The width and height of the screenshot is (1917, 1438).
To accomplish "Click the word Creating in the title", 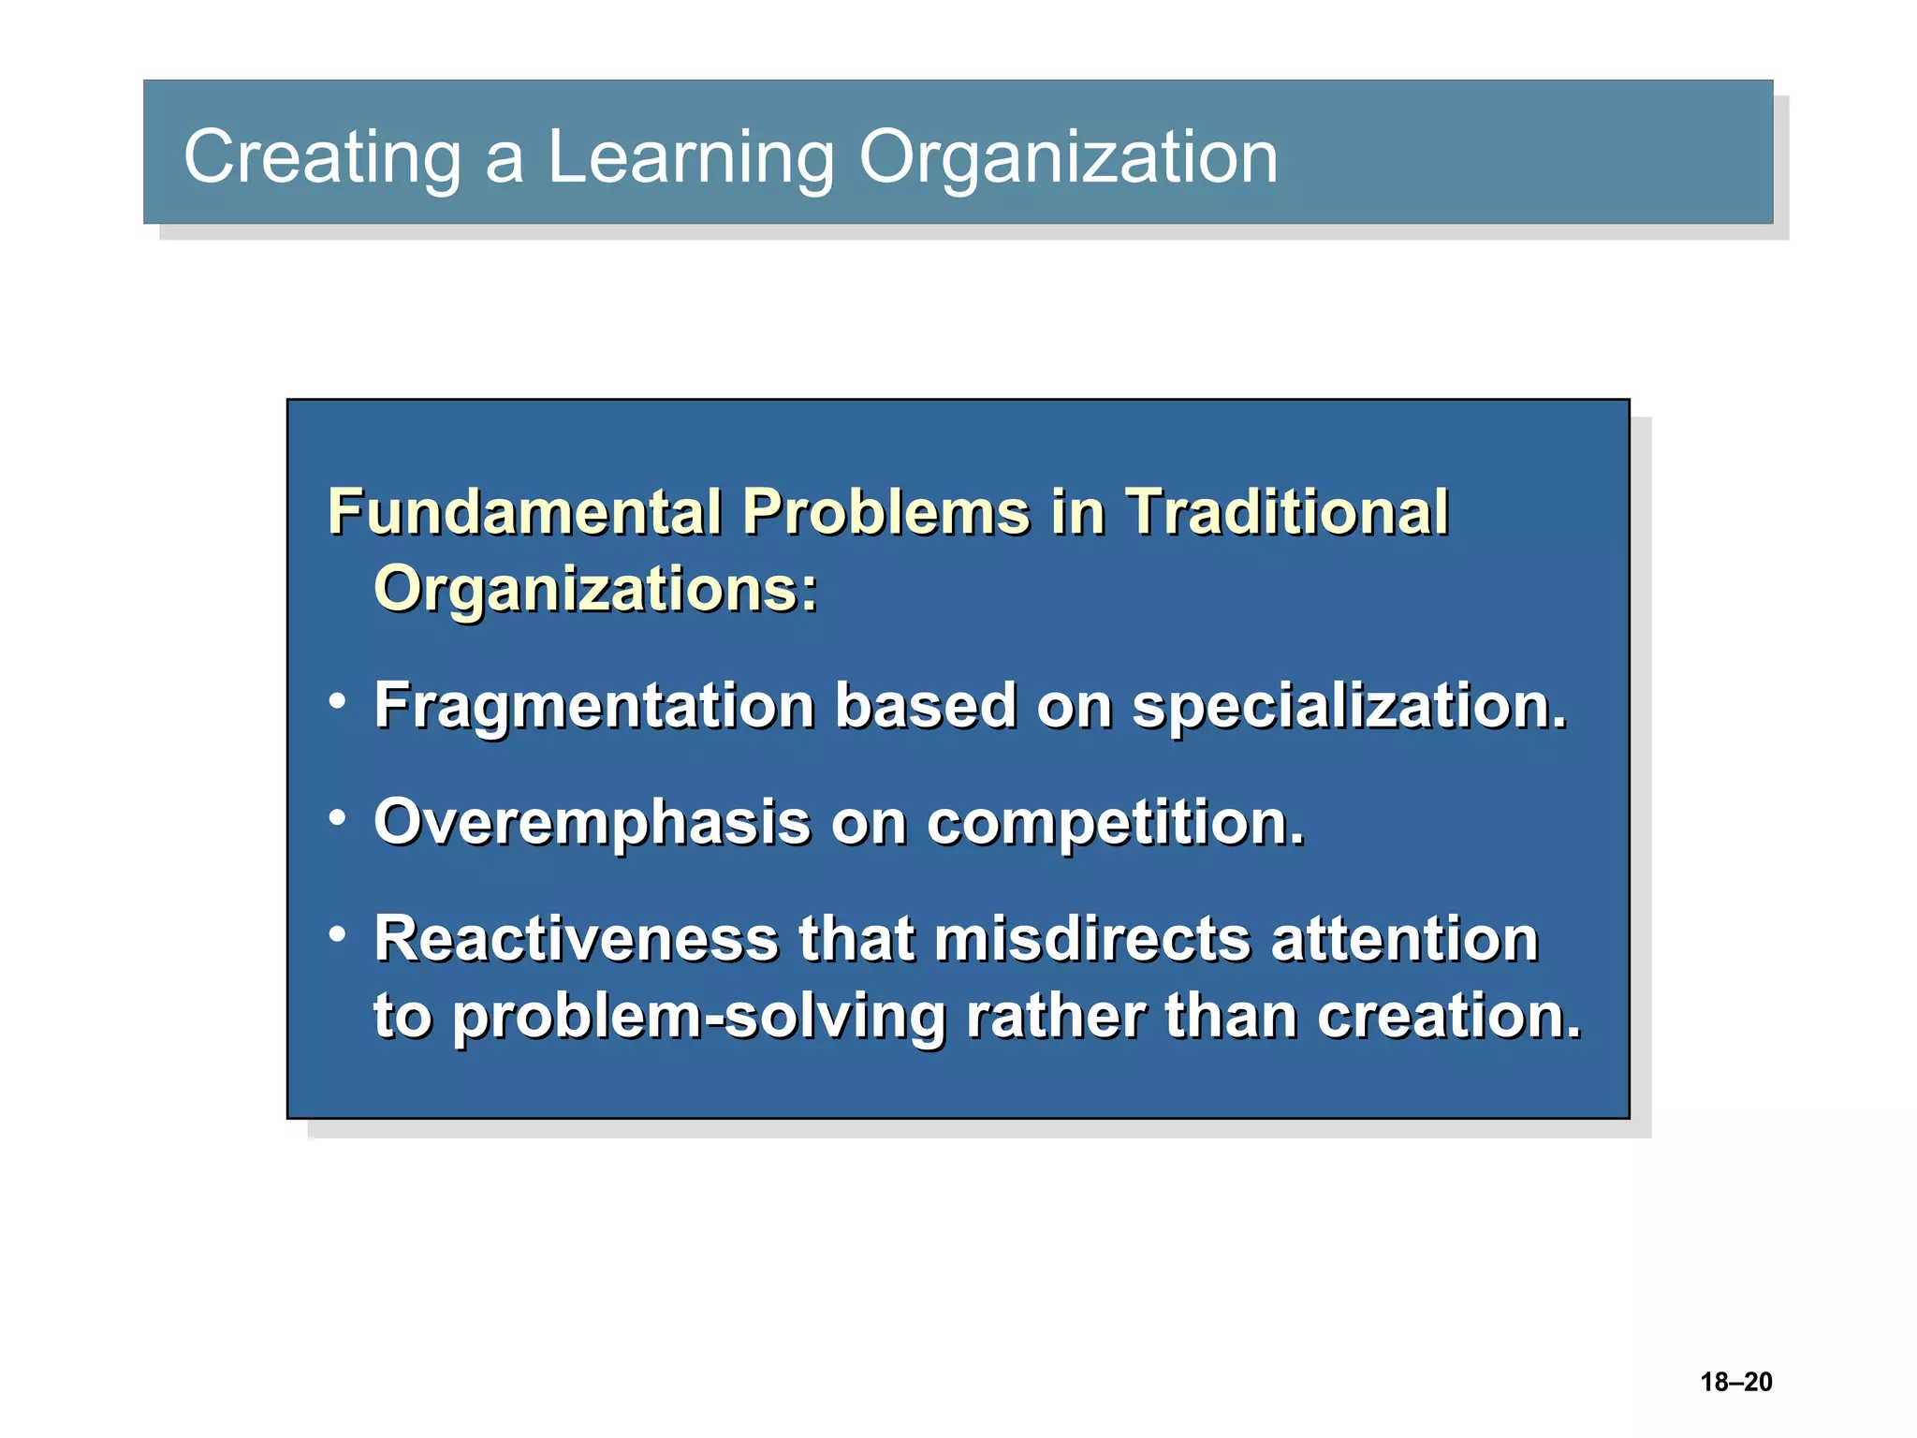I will click(322, 157).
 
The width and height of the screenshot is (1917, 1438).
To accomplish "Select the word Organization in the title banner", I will click(1068, 157).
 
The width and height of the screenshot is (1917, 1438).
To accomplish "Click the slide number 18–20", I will click(1735, 1382).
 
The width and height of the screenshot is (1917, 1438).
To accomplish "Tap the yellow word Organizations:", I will click(595, 590).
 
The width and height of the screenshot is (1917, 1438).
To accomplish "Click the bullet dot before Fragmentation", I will click(338, 700).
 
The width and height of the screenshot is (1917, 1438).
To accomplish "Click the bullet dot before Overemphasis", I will click(338, 817).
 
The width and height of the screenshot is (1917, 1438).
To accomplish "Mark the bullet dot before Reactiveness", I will click(338, 933).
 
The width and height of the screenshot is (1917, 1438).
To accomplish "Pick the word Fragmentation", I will click(594, 706).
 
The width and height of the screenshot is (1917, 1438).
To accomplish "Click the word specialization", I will click(1349, 706).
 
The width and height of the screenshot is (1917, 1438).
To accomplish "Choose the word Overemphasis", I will click(592, 823).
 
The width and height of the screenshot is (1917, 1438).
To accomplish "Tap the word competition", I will click(1115, 823).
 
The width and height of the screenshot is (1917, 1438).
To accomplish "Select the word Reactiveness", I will click(576, 939).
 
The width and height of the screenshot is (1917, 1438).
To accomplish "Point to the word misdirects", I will click(1092, 939).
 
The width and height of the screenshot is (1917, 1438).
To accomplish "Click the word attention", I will click(1404, 939).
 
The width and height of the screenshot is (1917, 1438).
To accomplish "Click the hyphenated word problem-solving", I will click(699, 1018).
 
